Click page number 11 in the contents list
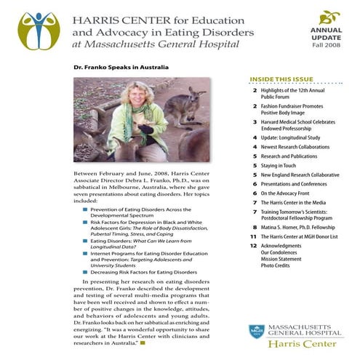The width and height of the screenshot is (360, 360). [x=252, y=236]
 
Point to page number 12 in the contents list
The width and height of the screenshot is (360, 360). [x=252, y=247]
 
